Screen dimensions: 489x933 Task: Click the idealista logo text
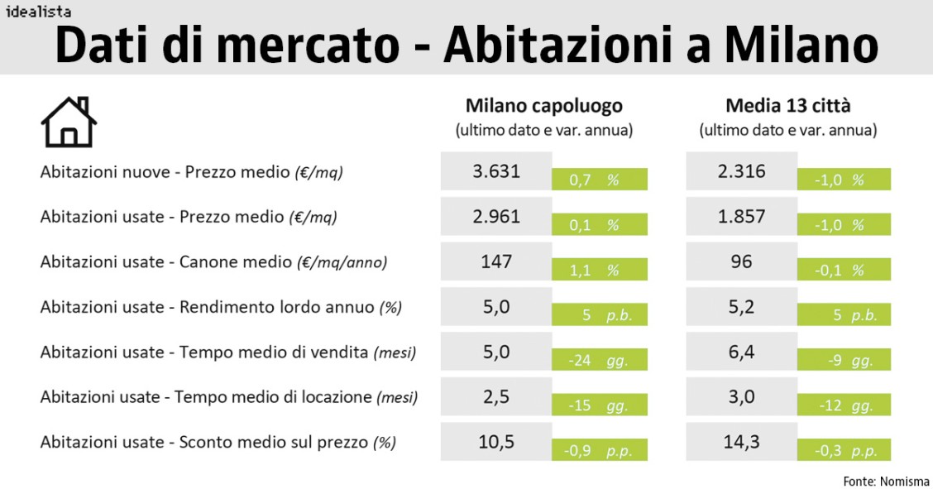38,12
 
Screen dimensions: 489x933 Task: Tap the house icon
69,122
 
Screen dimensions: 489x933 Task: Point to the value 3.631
496,171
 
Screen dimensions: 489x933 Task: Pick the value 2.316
742,171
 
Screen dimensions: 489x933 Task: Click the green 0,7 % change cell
600,180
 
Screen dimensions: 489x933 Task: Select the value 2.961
496,217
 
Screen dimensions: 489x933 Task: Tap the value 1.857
742,217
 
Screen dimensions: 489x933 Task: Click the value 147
496,261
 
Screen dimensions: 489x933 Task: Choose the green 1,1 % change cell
600,270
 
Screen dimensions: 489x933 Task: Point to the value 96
742,261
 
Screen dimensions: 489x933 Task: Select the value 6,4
742,352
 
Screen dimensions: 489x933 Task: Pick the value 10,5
496,442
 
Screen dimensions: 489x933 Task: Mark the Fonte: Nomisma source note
886,481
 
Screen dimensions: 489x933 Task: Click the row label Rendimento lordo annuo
221,307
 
